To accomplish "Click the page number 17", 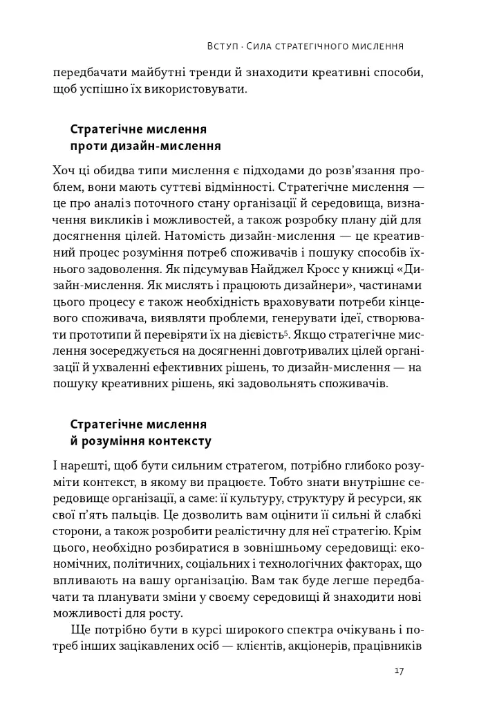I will (399, 671).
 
